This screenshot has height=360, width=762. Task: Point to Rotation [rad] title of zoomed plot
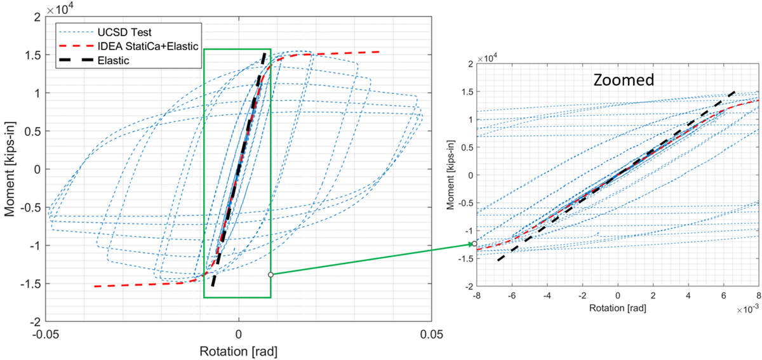(617, 306)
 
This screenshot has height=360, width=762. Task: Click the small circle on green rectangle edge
(271, 274)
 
